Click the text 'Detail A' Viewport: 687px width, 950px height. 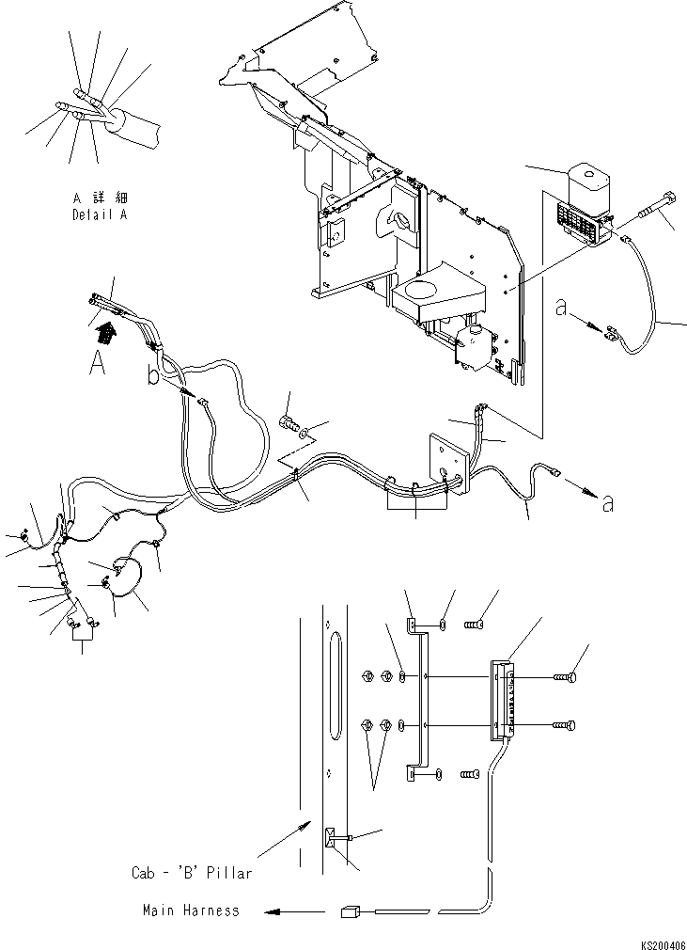pos(101,214)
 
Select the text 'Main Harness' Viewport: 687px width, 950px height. pos(191,910)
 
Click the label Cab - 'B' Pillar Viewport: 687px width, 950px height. pos(192,873)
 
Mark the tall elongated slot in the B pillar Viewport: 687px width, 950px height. pos(337,685)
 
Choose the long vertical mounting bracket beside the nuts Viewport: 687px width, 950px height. pos(416,701)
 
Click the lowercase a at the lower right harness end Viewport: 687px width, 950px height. pos(608,503)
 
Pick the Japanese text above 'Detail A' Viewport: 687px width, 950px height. pos(101,198)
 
